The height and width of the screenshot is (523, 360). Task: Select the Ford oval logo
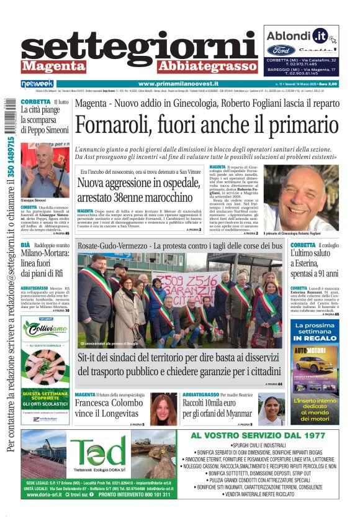(281, 50)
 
